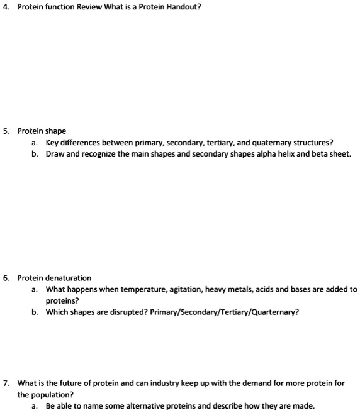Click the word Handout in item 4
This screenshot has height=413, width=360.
click(183, 8)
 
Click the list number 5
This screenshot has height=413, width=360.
click(5, 131)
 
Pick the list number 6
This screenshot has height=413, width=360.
click(5, 278)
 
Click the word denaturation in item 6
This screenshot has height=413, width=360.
click(67, 278)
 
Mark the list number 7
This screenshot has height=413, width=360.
click(5, 383)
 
